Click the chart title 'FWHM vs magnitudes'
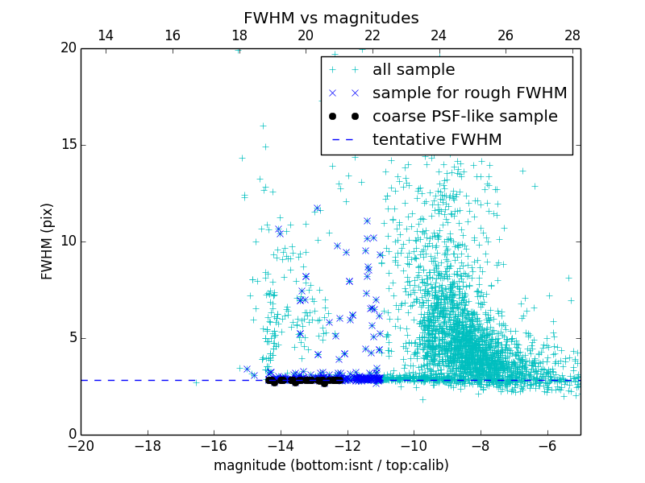click(331, 18)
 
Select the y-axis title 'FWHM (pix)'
click(48, 242)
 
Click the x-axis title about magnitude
click(331, 465)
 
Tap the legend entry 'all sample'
click(413, 70)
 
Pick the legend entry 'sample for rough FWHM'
click(469, 93)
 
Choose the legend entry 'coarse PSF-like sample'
click(464, 117)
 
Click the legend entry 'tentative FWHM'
click(437, 140)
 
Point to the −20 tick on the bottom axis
click(81, 445)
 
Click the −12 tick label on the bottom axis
click(347, 445)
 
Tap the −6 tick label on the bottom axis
click(547, 445)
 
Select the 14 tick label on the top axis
click(105, 35)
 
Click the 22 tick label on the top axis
click(372, 35)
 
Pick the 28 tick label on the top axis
click(572, 35)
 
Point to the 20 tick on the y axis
click(68, 48)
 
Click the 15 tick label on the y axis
click(68, 145)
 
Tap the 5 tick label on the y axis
click(71, 338)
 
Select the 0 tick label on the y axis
click(71, 435)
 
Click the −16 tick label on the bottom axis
click(214, 445)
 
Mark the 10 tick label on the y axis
click(68, 242)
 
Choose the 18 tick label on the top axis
click(239, 35)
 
